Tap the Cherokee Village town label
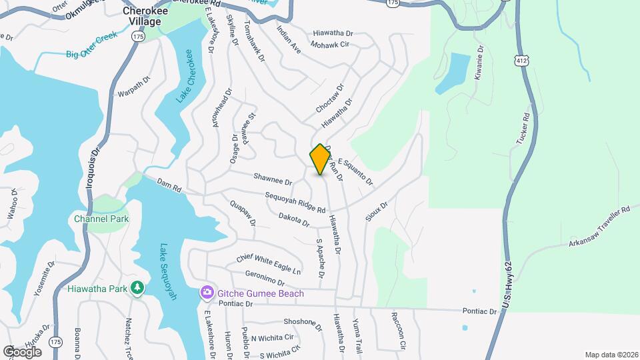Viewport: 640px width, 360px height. [141, 17]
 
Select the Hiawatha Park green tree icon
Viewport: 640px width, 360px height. [137, 289]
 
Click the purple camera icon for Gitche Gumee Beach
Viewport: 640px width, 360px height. [207, 293]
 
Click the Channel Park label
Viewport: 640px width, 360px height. [101, 219]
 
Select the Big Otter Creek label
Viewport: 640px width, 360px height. [91, 46]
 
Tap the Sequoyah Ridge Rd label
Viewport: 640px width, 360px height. [295, 203]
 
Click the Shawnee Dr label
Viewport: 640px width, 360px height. [273, 179]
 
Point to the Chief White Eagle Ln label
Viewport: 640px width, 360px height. [268, 263]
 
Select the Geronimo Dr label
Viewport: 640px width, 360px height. [265, 278]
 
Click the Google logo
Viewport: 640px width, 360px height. [22, 351]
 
